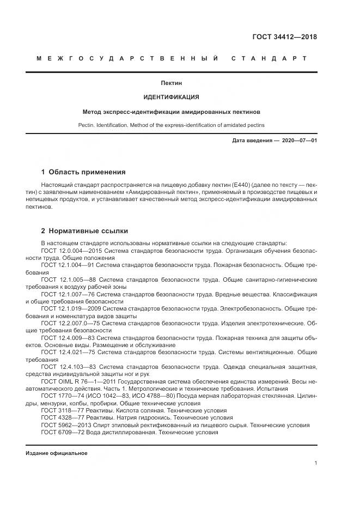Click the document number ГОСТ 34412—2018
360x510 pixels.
(284, 38)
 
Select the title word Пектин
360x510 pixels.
(171, 83)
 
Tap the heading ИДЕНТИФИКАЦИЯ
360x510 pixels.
(171, 98)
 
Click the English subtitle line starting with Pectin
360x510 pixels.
(171, 125)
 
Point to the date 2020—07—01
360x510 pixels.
(299, 141)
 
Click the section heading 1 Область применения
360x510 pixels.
(83, 172)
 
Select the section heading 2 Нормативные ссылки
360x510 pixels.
(84, 231)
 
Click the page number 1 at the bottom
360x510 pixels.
(315, 463)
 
